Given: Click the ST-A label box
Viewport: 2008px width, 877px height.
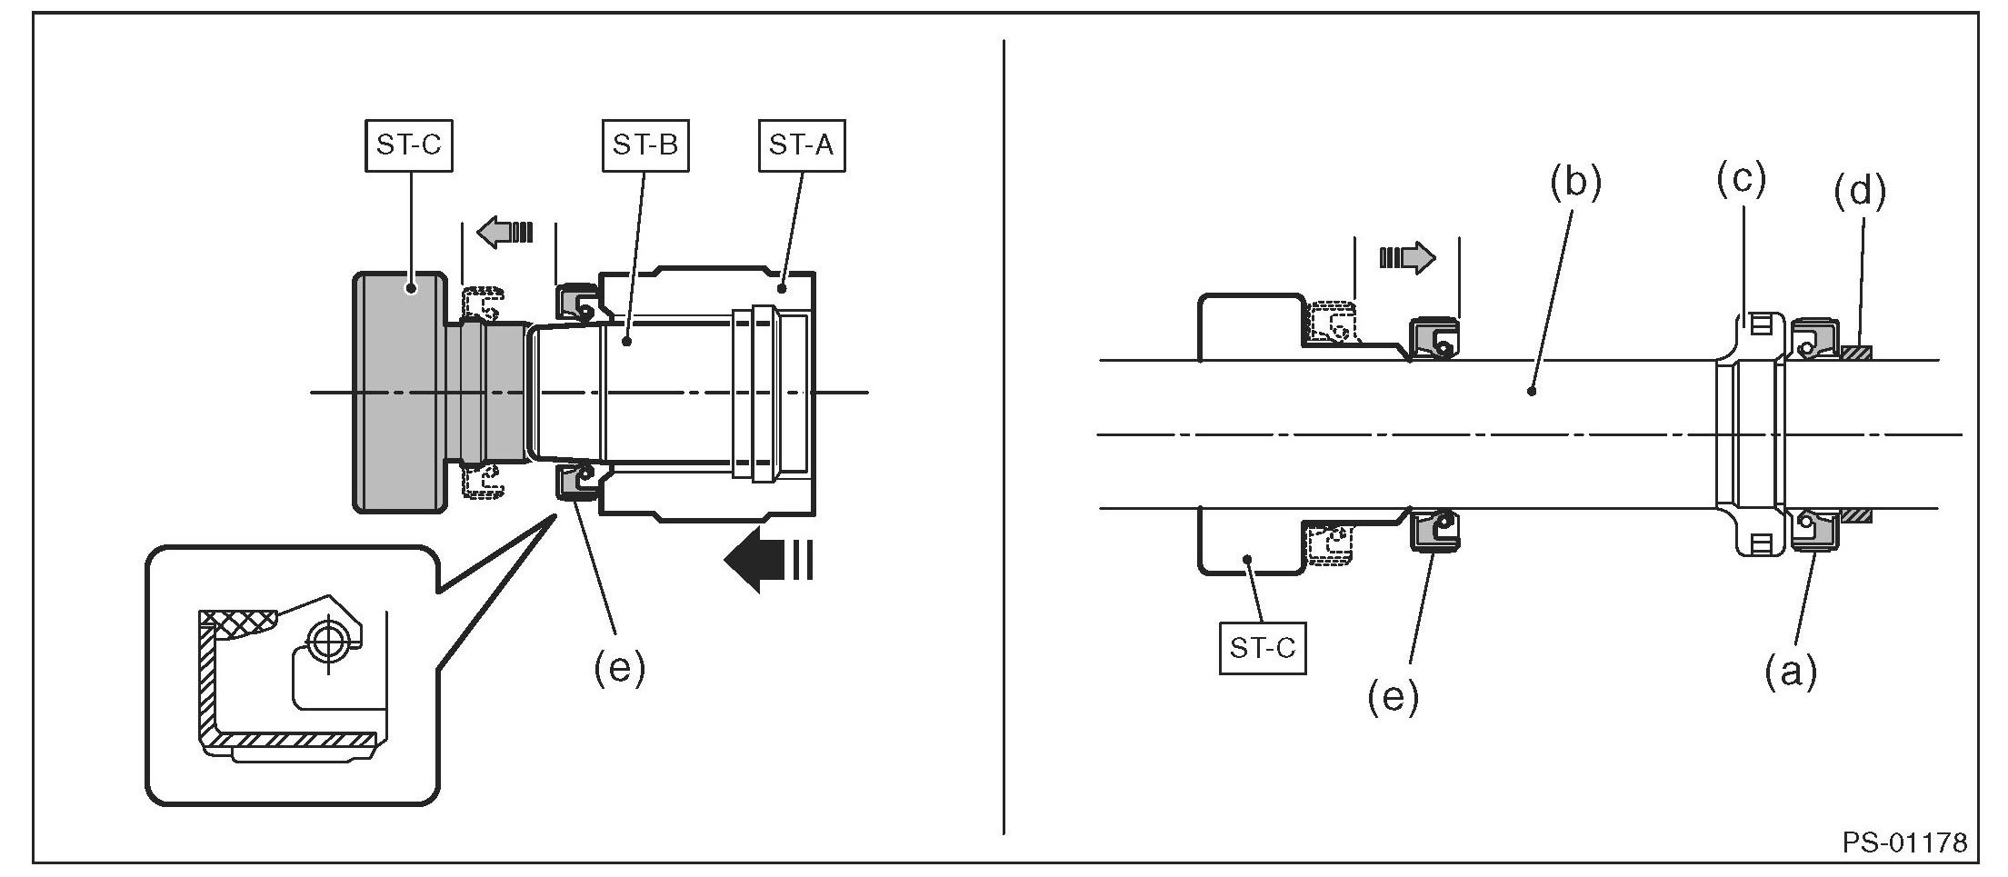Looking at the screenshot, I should click(x=801, y=145).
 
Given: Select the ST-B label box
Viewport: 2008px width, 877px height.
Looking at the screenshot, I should click(x=644, y=145).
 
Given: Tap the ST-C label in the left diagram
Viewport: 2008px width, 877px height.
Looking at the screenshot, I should click(x=408, y=145).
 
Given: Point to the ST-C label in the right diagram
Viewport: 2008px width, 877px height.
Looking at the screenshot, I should click(x=1262, y=648).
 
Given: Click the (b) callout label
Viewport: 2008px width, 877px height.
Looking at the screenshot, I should click(x=1574, y=182).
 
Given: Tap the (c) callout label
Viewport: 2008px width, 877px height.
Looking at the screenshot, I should click(x=1740, y=178).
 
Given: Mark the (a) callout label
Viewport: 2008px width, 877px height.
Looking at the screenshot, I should click(x=1790, y=673).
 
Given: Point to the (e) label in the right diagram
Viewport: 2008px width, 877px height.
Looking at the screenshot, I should click(x=1393, y=697).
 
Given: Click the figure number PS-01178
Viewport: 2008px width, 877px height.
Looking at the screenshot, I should click(x=1904, y=842).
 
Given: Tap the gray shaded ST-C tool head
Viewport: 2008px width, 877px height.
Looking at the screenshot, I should click(x=400, y=393).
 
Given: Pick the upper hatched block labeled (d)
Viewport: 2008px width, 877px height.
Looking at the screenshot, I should click(x=1855, y=353).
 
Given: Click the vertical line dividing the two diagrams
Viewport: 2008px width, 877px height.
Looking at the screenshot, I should click(x=1004, y=436).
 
